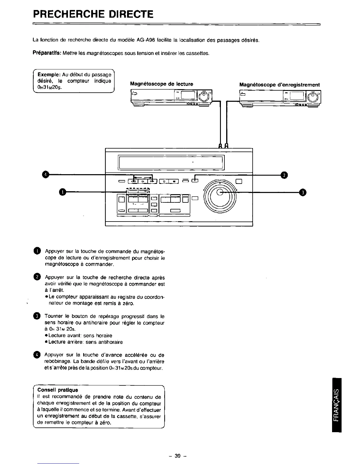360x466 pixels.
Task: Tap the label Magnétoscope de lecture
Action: [161, 84]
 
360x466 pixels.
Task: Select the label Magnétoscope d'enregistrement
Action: [279, 85]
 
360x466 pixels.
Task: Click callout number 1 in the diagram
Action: [62, 192]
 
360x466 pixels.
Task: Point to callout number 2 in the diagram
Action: [284, 175]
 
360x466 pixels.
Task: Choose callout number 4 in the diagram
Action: [45, 175]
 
